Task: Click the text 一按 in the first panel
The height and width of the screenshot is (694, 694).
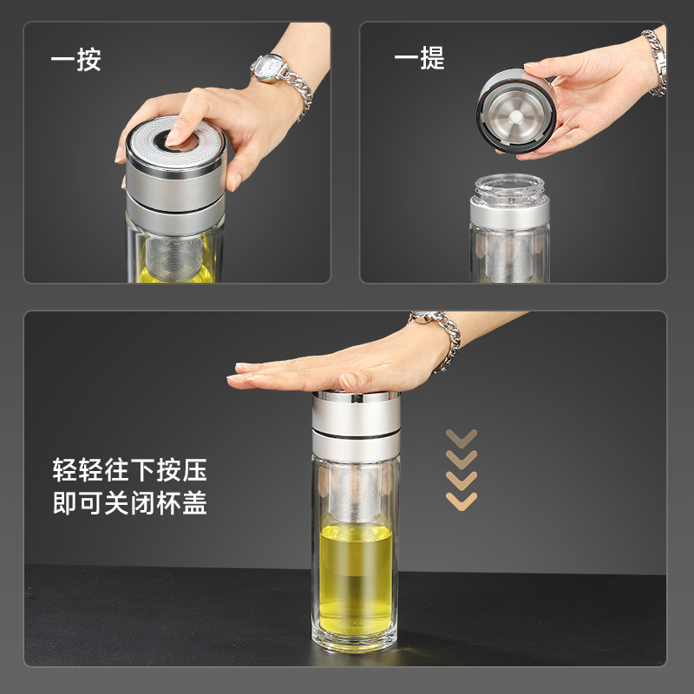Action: [x=76, y=60]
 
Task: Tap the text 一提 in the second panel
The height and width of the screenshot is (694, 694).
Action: [x=419, y=58]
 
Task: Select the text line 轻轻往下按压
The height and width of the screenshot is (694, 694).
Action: [x=130, y=471]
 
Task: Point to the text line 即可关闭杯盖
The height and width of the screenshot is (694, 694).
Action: [x=130, y=504]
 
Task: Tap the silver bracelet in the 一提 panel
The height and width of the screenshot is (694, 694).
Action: [x=655, y=61]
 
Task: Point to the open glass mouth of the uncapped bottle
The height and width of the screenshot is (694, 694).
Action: [x=510, y=185]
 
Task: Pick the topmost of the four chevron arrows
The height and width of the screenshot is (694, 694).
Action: [x=461, y=436]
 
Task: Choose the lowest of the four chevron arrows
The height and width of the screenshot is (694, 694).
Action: [x=461, y=499]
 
